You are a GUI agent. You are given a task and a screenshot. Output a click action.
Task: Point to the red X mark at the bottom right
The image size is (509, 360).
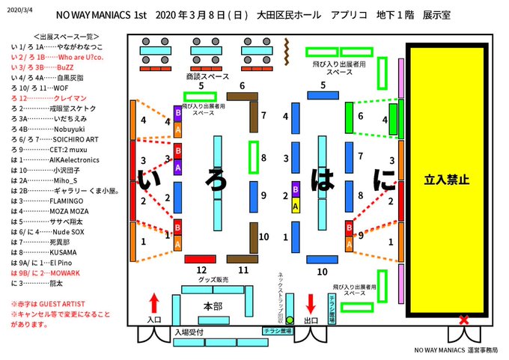[464, 320]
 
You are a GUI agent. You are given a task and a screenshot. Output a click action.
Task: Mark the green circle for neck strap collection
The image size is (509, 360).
[290, 320]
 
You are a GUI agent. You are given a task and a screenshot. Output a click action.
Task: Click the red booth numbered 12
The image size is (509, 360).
[200, 259]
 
